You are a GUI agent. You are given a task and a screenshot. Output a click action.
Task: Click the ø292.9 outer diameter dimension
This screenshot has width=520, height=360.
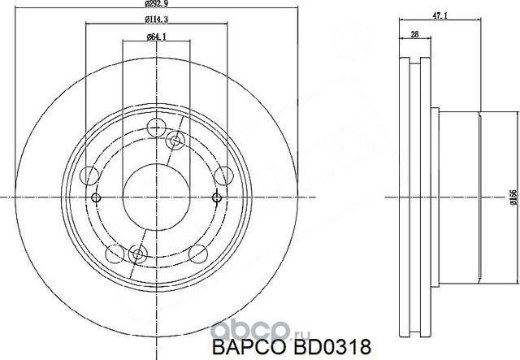pos(157,6)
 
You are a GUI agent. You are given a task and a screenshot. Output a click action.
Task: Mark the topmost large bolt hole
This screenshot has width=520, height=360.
pos(158,128)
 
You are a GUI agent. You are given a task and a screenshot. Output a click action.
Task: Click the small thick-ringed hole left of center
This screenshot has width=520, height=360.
pos(96,197)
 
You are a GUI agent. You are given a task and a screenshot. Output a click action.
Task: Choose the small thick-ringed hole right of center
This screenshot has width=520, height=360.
pos(216,197)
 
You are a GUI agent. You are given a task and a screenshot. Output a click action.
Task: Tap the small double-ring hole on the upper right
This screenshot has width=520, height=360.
pos(174,142)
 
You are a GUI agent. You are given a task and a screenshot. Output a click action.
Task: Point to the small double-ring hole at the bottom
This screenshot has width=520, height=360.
pos(137,254)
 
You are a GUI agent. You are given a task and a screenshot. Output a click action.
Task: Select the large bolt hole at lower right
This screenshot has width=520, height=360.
pos(197,254)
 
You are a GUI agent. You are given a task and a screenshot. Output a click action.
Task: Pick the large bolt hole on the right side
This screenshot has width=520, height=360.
pos(221,174)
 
